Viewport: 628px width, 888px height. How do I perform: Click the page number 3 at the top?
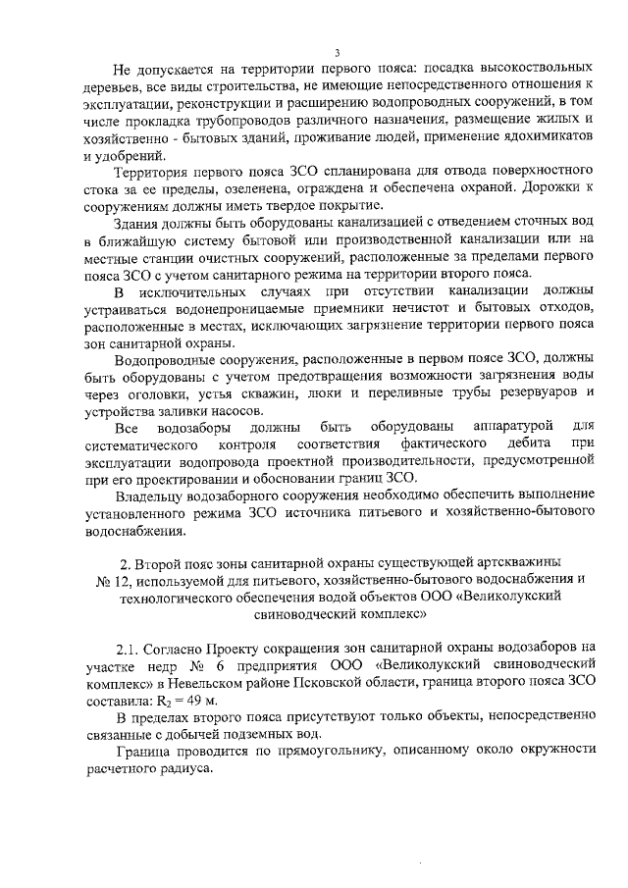337,52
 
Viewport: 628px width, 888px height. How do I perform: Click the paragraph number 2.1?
129,648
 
